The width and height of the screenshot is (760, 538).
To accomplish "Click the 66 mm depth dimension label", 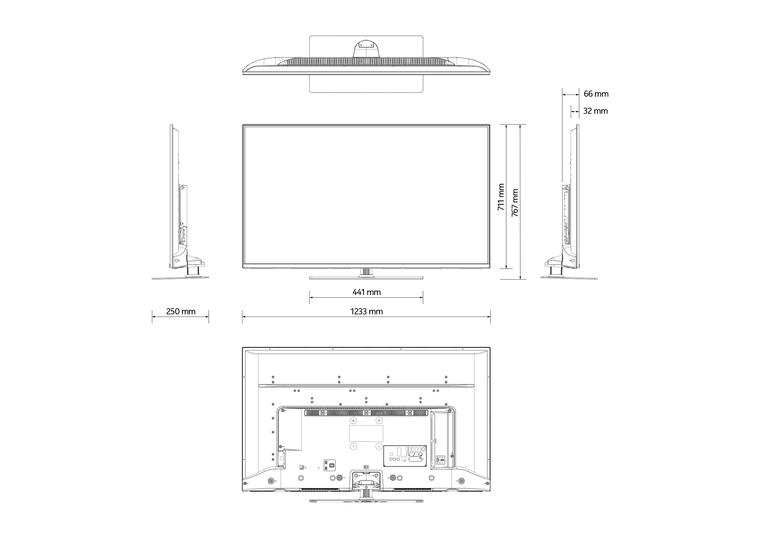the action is tap(596, 94).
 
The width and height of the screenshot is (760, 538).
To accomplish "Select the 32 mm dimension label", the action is tap(595, 111).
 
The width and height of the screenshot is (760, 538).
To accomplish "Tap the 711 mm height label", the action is tap(501, 197).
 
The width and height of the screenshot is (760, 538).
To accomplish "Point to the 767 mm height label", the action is tap(515, 203).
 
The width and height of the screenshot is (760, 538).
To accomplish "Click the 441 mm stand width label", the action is tap(366, 292).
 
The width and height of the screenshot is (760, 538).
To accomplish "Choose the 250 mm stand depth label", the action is tap(181, 311).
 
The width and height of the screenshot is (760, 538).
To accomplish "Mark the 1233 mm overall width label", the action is tap(366, 311).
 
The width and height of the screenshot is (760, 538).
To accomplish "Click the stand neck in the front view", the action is tap(366, 272).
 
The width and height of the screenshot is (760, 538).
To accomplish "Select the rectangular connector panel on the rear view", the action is tap(405, 456).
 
